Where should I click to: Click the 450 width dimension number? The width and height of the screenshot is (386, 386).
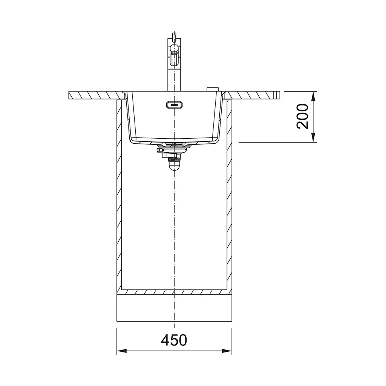point(174,340)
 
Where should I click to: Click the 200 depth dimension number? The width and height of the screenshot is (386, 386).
point(303,116)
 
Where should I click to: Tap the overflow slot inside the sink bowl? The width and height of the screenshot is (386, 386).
point(174,105)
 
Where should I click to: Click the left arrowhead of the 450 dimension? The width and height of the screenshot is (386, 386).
point(122,351)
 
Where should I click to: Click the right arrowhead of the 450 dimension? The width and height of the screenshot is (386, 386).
point(227,351)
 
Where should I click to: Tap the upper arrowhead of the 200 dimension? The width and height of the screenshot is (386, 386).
point(313,96)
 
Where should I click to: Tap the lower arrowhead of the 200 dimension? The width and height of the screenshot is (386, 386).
point(313,137)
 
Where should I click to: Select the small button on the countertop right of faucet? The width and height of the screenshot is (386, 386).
point(212,89)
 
